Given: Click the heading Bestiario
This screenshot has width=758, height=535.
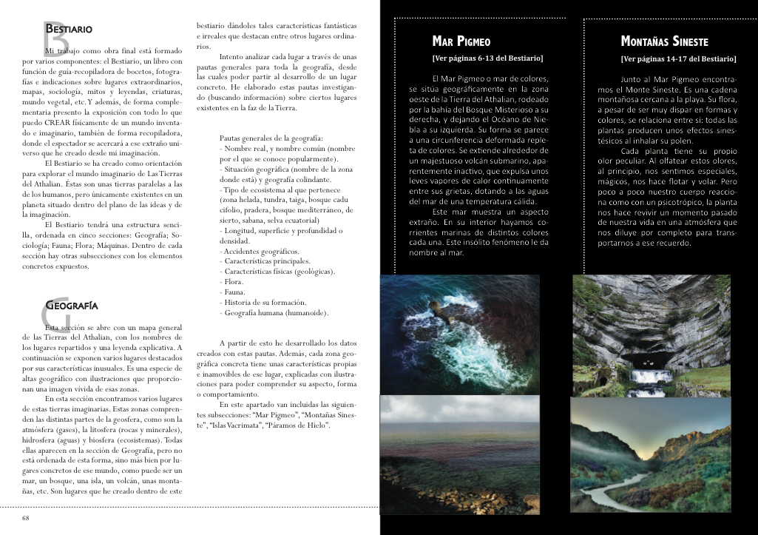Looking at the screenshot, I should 69,30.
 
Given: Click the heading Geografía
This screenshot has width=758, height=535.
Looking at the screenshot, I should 71,305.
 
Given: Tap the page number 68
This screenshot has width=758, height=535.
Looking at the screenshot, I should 26,518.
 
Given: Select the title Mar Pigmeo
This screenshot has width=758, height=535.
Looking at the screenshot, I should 461,42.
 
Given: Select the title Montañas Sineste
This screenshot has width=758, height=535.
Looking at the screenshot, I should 664,42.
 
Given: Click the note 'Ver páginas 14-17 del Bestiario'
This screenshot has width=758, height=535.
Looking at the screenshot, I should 678,58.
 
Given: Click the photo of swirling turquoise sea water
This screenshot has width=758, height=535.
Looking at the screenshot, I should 459,334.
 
